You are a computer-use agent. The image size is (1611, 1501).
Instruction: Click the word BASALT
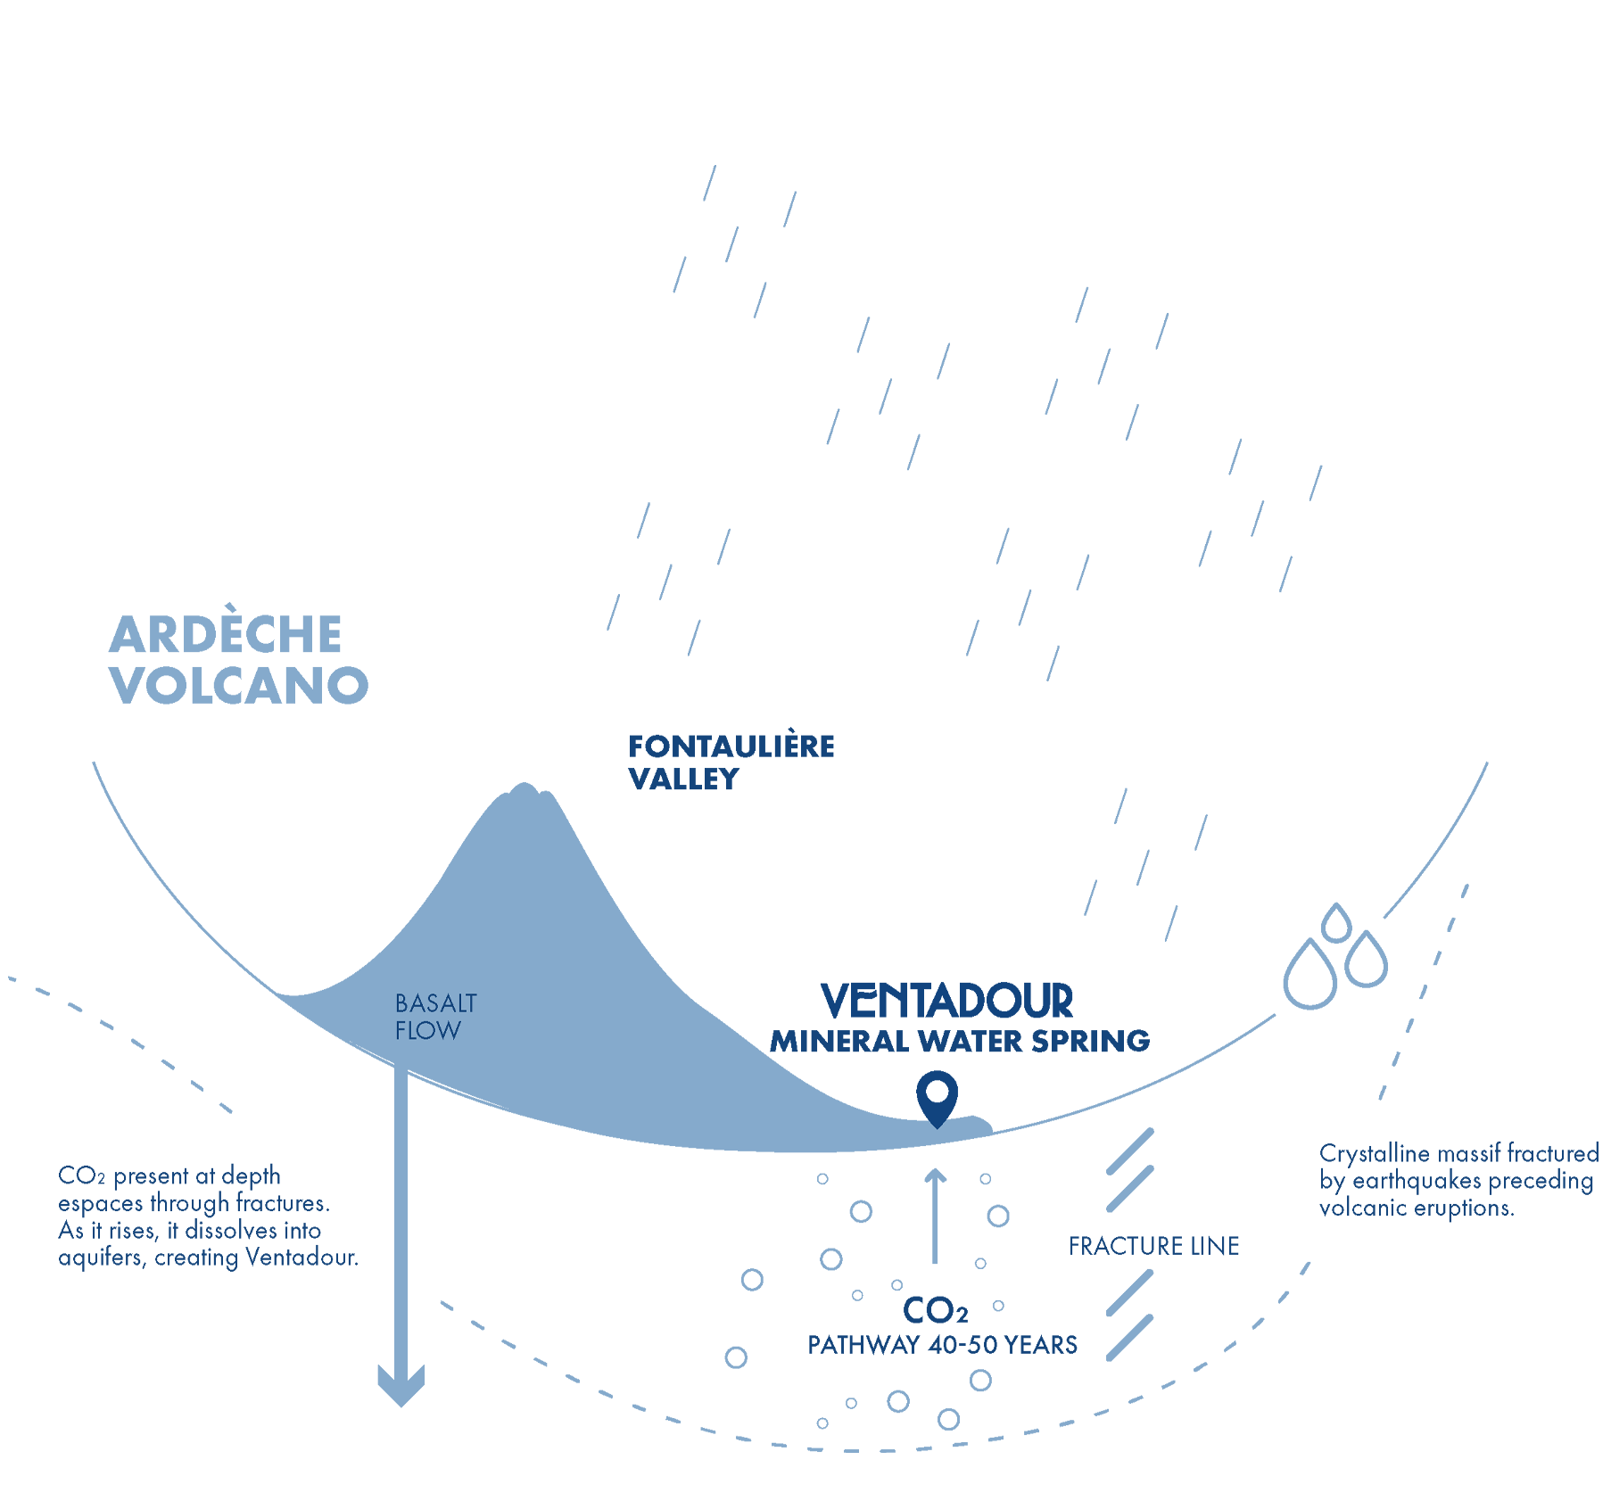[x=435, y=1003]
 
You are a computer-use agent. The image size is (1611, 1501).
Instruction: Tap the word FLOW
[x=428, y=1031]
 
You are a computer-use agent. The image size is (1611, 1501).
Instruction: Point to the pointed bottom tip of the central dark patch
[x=937, y=1122]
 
